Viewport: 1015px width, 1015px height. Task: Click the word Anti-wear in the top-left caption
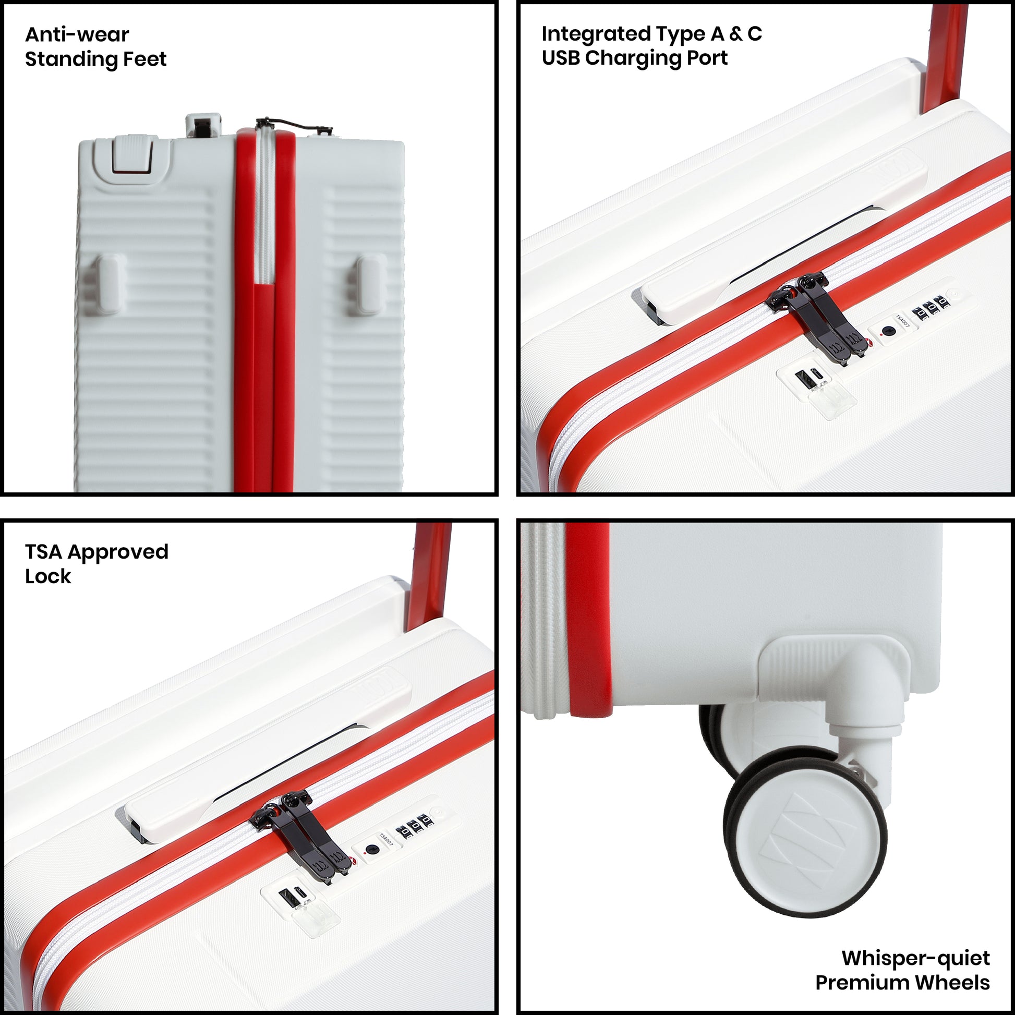click(x=77, y=34)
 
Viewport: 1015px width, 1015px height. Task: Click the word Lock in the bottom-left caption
click(x=48, y=576)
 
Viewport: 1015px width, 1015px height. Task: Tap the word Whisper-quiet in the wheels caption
click(x=916, y=958)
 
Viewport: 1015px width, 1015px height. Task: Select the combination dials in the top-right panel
click(x=931, y=307)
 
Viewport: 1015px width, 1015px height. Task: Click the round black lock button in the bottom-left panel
click(x=372, y=850)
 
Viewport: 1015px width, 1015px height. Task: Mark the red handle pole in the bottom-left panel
click(x=429, y=575)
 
